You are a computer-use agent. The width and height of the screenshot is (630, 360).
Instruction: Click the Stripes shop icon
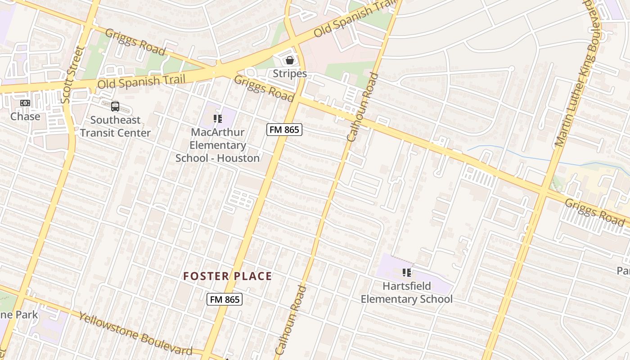[x=290, y=60]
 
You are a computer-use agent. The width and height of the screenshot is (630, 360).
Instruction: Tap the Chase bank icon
[x=25, y=103]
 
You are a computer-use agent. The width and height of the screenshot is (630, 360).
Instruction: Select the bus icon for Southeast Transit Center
[x=115, y=107]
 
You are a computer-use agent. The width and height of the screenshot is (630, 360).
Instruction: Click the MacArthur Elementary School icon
[x=218, y=119]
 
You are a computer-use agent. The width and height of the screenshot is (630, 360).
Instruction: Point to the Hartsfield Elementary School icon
[x=407, y=272]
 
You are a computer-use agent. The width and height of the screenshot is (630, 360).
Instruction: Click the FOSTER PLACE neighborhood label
[x=227, y=276]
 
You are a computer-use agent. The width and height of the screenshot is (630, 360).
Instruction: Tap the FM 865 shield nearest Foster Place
[x=225, y=299]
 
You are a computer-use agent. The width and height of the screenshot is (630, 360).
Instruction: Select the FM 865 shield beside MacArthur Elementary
[x=284, y=130]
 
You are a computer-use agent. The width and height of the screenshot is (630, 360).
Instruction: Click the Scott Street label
[x=72, y=74]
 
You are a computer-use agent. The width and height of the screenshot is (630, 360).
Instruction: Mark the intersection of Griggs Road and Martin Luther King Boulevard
[x=544, y=191]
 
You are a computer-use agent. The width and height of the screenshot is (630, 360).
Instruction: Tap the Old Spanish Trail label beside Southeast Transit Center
[x=141, y=81]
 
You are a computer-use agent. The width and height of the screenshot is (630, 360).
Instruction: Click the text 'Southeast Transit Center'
[x=115, y=126]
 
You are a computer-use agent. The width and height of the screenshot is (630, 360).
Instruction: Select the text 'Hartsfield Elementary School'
[x=407, y=292]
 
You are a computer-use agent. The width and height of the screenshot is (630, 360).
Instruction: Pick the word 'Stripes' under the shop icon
[x=290, y=74]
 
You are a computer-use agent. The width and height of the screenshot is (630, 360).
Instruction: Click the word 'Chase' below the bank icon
[x=25, y=117]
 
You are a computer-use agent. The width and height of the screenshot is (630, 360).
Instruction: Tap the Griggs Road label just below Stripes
[x=264, y=88]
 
